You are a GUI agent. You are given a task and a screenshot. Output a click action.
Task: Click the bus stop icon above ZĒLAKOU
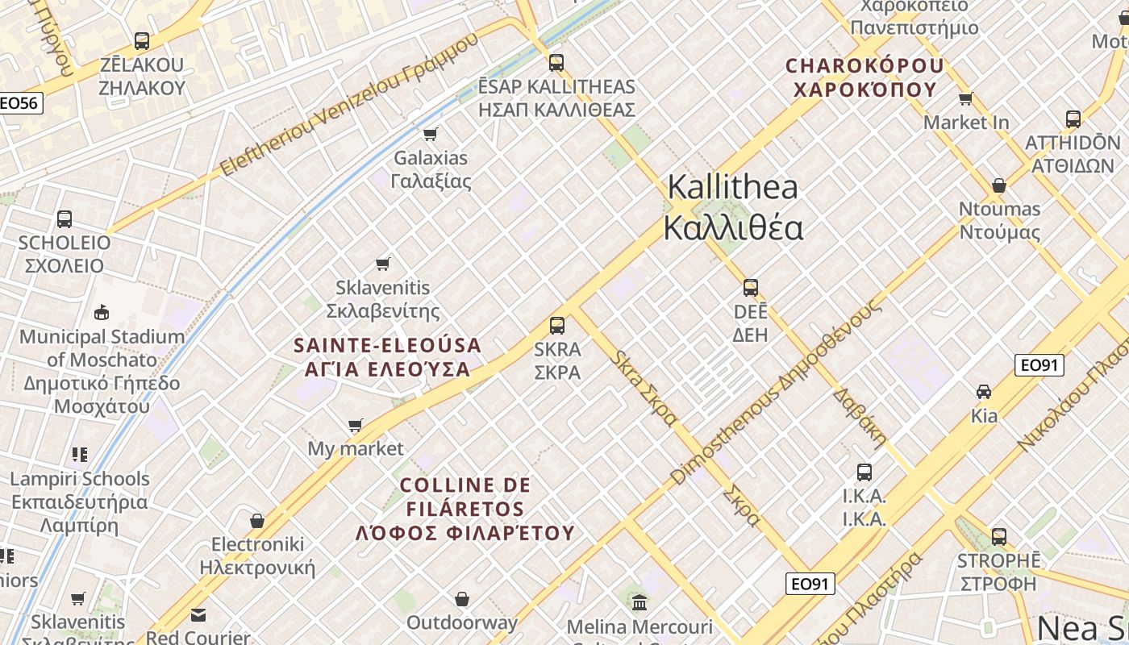click(142, 40)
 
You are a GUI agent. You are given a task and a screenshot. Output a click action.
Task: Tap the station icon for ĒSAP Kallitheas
click(556, 62)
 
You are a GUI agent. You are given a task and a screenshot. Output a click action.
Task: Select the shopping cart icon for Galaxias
click(431, 134)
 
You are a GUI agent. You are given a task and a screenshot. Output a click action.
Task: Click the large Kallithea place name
click(732, 207)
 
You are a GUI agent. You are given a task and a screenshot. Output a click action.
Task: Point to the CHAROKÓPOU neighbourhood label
click(864, 77)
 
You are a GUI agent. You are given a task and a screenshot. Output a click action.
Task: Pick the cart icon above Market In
click(965, 98)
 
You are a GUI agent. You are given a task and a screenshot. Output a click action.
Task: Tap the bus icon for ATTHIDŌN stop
click(1073, 119)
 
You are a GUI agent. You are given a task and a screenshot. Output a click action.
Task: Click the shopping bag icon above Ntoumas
click(999, 185)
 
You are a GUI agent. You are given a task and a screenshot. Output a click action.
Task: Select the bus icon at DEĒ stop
click(751, 288)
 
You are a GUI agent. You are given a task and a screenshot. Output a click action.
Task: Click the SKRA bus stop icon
click(557, 326)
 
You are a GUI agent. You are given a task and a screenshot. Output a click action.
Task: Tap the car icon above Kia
click(984, 392)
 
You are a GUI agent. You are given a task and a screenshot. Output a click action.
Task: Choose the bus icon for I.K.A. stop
click(864, 472)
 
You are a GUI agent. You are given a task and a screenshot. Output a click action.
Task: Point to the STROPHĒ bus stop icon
click(999, 536)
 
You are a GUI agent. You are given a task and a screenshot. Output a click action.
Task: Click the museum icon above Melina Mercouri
click(639, 602)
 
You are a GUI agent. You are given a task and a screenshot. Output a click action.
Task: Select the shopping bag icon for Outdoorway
click(462, 599)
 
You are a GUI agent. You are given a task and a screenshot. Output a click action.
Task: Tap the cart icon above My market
click(356, 425)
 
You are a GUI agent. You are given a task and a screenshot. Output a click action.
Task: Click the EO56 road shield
click(20, 102)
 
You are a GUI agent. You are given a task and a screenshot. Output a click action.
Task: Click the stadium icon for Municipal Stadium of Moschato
click(102, 313)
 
